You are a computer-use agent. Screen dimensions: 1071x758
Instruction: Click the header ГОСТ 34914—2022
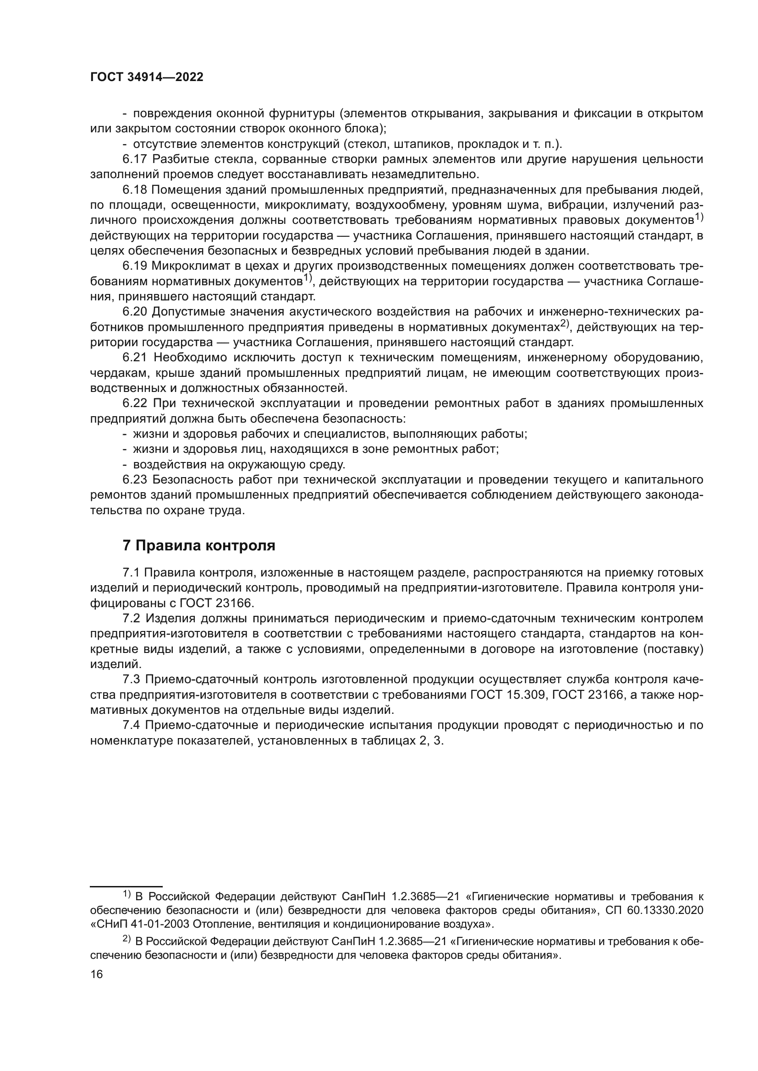[147, 77]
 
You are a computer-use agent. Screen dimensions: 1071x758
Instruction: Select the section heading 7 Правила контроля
[199, 545]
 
